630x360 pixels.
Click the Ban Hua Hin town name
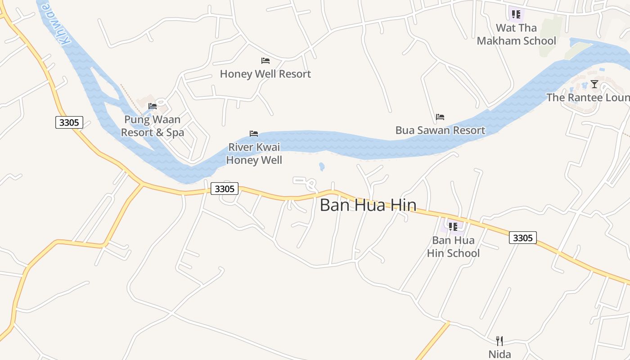click(368, 205)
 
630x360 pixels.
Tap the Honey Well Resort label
click(265, 74)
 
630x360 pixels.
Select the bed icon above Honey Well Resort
click(265, 61)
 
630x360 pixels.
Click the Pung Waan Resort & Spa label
click(153, 126)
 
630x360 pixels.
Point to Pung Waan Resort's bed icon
click(153, 106)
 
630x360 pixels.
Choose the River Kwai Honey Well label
click(254, 153)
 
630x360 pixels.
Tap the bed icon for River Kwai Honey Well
click(254, 134)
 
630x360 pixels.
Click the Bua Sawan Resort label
click(440, 130)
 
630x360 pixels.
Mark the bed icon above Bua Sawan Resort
click(440, 117)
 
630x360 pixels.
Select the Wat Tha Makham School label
click(516, 34)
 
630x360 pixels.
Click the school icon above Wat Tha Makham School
click(516, 14)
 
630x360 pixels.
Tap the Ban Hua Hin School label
click(453, 247)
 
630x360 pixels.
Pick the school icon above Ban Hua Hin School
click(453, 226)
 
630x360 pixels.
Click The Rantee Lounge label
click(588, 98)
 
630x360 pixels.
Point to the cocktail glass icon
click(594, 84)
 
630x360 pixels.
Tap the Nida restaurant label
click(499, 354)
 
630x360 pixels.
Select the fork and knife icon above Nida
click(499, 341)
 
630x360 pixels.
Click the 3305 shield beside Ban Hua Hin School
click(523, 238)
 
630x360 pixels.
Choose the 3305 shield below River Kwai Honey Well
click(225, 189)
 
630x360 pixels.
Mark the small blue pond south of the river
click(321, 167)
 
